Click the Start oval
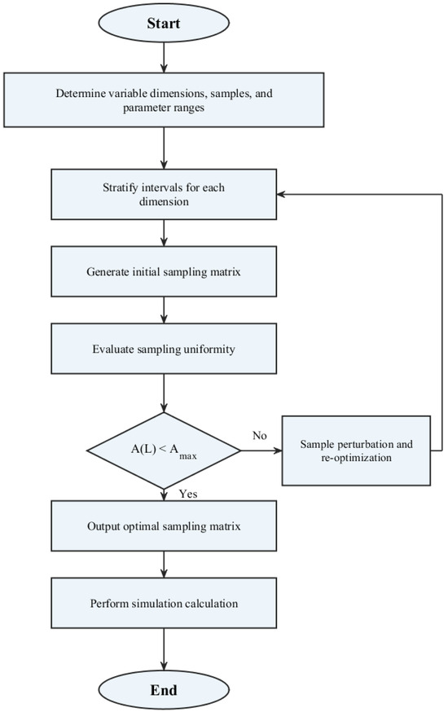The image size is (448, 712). tap(164, 23)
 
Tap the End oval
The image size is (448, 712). tap(164, 690)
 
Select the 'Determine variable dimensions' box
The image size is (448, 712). tap(164, 100)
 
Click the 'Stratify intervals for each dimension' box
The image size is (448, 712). tap(164, 195)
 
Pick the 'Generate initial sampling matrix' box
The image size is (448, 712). tap(164, 271)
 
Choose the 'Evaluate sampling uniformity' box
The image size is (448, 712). tap(164, 349)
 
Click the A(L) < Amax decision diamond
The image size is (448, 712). tap(164, 450)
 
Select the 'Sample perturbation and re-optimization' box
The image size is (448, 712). tap(356, 450)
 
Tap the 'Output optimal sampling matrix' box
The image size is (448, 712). tap(164, 525)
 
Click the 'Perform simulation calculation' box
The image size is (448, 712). tap(164, 603)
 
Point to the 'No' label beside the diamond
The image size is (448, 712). tap(260, 436)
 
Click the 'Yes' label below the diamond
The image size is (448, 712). tap(188, 494)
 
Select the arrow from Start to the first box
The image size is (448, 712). tap(164, 57)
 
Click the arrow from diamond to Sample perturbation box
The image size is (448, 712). tap(261, 450)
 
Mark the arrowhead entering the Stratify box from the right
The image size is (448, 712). tap(281, 195)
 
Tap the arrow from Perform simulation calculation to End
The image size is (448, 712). tap(164, 650)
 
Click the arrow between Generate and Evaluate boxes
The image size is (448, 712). tap(164, 310)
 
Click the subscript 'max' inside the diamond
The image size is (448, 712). tap(188, 455)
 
